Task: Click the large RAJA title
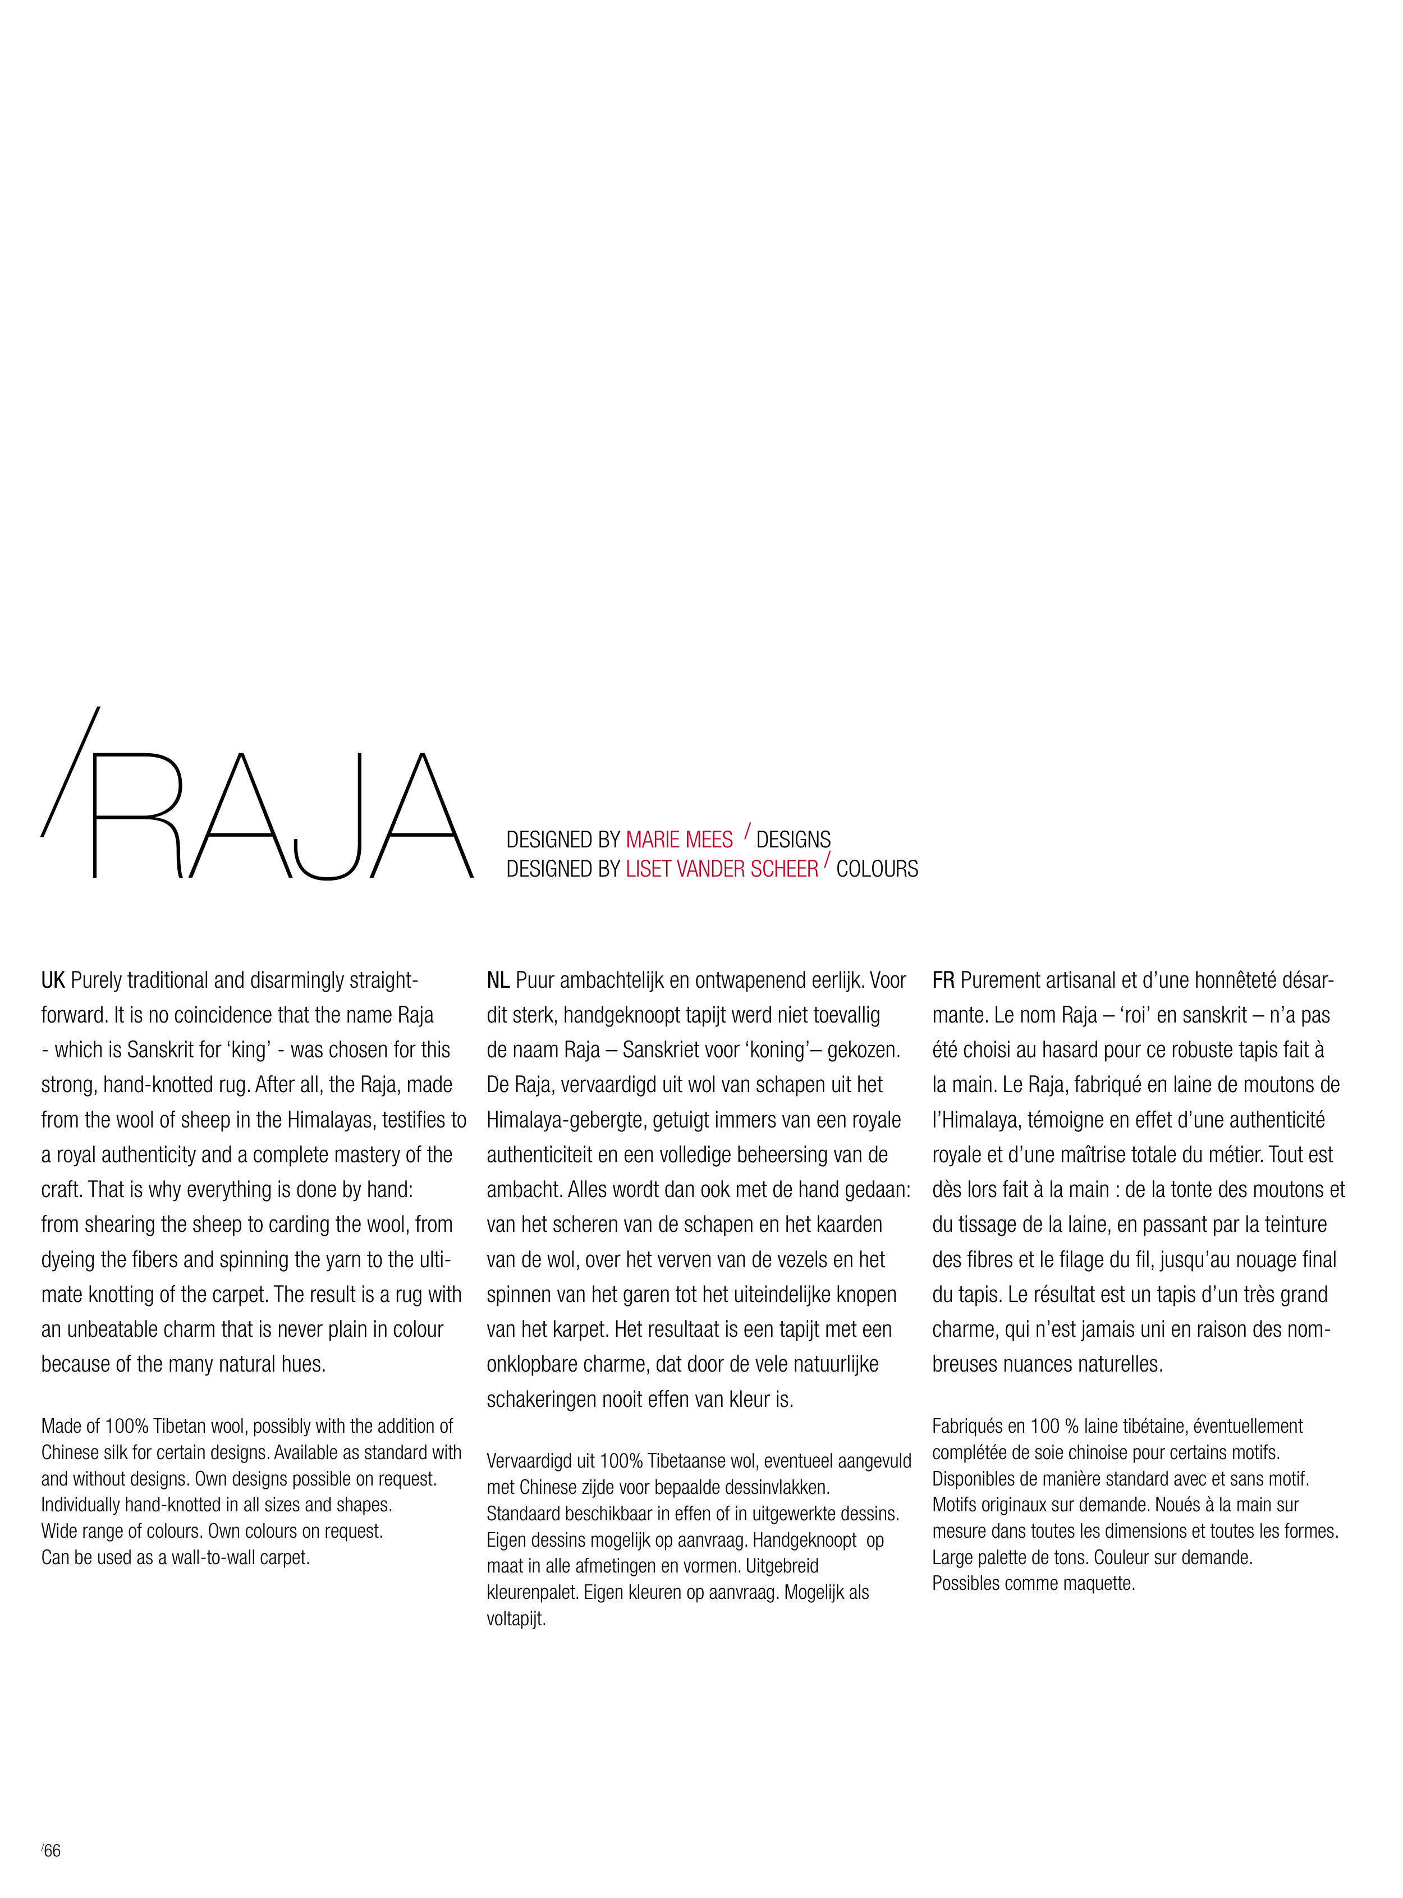click(280, 815)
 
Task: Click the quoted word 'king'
click(250, 1051)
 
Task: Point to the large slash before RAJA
click(70, 771)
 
